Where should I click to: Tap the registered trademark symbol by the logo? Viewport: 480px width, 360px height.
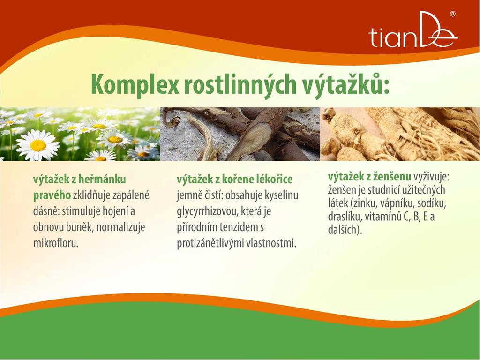point(452,14)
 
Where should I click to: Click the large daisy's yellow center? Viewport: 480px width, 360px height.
point(38,145)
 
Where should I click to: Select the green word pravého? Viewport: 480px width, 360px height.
point(52,195)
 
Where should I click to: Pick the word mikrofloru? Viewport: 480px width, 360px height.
point(56,243)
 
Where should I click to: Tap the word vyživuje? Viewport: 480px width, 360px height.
point(431,177)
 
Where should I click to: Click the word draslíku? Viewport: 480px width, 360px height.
point(345,217)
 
